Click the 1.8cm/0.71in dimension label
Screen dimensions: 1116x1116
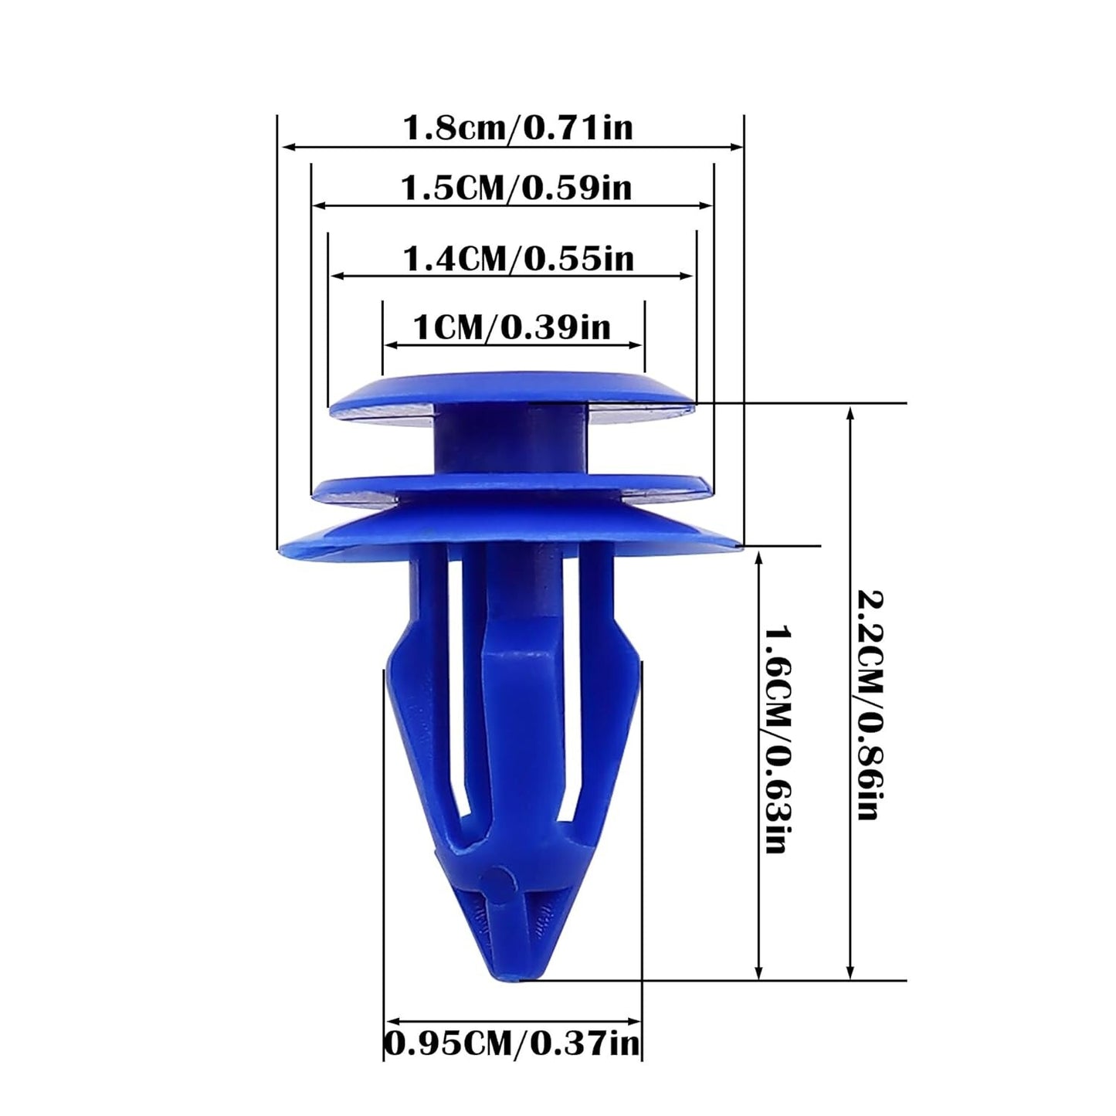point(517,127)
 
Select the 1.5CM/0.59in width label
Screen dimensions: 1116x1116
point(516,188)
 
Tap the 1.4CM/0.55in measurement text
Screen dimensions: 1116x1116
point(518,258)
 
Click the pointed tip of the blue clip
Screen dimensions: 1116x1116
point(510,975)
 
